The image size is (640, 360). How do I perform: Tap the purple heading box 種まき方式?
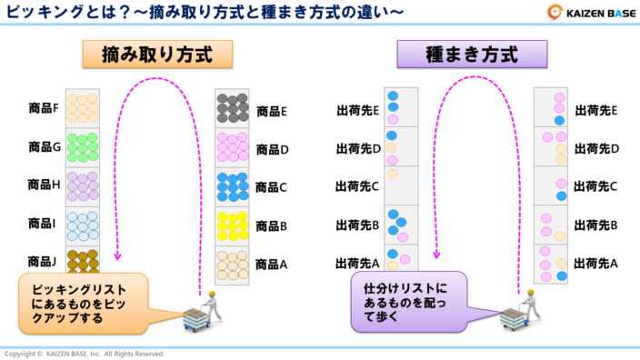(x=472, y=55)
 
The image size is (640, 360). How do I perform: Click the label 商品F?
(x=44, y=109)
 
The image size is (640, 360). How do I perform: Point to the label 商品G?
(x=44, y=146)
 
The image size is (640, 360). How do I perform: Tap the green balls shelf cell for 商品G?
(x=82, y=146)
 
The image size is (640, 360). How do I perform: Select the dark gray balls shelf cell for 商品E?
(x=233, y=108)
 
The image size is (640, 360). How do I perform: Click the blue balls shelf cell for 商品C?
(x=233, y=186)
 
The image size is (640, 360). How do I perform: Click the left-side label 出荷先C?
(x=357, y=186)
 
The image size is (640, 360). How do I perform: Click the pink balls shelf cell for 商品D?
(x=233, y=147)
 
